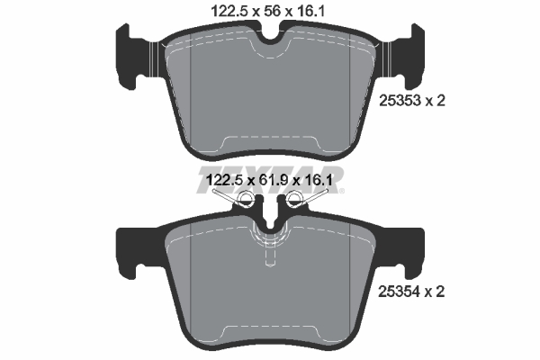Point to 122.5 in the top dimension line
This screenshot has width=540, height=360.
[220, 10]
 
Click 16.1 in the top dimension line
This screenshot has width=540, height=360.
[312, 10]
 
